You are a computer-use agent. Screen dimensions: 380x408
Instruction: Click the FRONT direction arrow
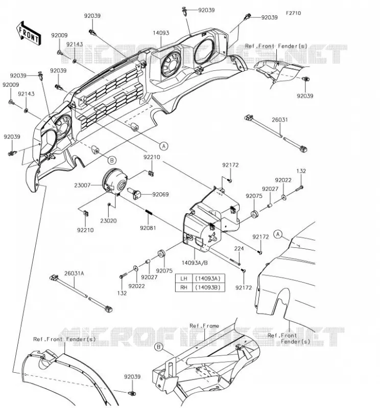[x=29, y=34]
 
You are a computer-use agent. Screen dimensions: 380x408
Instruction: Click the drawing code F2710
[x=293, y=13]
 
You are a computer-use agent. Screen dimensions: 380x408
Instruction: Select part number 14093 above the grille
[x=161, y=33]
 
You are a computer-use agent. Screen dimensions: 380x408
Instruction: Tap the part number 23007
[x=82, y=185]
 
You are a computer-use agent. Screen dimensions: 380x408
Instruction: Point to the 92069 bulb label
[x=160, y=194]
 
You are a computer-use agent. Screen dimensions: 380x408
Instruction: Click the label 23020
[x=108, y=221]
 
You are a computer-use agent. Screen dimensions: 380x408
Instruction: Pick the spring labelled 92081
[x=149, y=212]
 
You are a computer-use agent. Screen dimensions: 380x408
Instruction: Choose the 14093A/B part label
[x=195, y=263]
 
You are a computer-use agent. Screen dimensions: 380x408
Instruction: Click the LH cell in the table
[x=184, y=278]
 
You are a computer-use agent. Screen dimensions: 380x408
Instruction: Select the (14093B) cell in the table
[x=208, y=287]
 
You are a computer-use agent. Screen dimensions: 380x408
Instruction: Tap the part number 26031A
[x=74, y=273]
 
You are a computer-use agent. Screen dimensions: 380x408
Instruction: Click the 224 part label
[x=239, y=248]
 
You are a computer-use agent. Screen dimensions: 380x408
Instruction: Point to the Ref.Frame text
[x=204, y=326]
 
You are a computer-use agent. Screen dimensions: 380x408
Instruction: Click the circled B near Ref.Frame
[x=158, y=347]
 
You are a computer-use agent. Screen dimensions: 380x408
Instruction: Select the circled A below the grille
[x=163, y=146]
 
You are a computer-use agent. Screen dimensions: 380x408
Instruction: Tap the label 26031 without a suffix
[x=280, y=120]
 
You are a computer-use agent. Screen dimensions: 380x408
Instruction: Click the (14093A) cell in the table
[x=208, y=278]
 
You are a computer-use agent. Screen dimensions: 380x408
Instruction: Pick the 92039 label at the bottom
[x=132, y=377]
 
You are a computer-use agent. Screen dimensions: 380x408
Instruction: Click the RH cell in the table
[x=184, y=287]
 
